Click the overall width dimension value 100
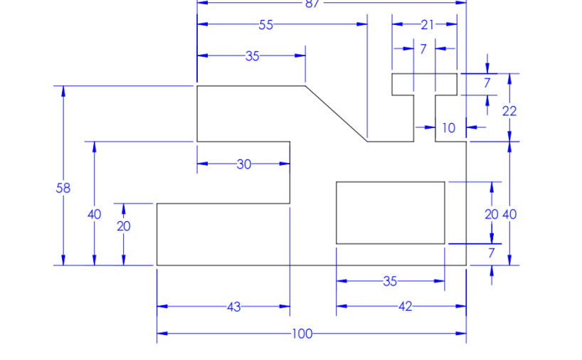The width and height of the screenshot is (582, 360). tap(302, 334)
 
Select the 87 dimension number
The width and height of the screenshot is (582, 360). tap(312, 4)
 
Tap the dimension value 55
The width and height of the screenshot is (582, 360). tap(266, 25)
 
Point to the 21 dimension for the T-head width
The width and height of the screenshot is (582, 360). tap(427, 25)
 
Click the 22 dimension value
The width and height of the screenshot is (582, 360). tap(509, 111)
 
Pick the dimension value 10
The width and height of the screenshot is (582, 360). tap(448, 128)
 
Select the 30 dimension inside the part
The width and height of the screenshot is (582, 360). tap(244, 164)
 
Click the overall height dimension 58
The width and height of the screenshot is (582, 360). tap(63, 189)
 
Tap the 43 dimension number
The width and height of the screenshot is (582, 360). tap(233, 307)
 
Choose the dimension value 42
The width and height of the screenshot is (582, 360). tap(405, 307)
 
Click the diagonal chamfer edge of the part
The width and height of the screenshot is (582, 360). tap(336, 113)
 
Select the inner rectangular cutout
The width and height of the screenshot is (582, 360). tap(390, 213)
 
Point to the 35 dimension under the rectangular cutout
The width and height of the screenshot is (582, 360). tap(390, 281)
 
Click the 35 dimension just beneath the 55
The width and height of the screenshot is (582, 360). tap(253, 56)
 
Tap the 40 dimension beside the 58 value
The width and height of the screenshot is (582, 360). tap(94, 214)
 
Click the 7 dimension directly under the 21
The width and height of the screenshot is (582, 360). tap(423, 49)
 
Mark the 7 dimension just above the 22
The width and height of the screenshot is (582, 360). tap(487, 83)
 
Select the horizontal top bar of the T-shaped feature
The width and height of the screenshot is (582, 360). tap(424, 83)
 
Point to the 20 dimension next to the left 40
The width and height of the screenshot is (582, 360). tap(124, 226)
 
